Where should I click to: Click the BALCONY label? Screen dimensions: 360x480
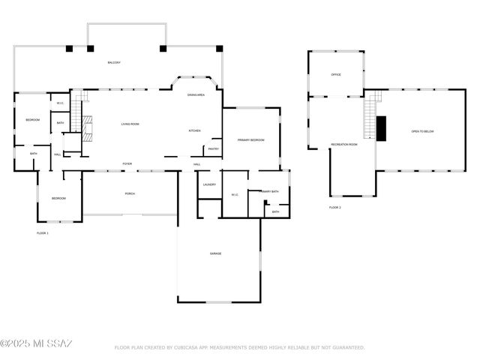click(114, 62)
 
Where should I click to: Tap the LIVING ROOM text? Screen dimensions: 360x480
click(130, 124)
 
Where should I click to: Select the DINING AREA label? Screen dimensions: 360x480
click(196, 95)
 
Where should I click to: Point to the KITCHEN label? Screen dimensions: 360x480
click(194, 130)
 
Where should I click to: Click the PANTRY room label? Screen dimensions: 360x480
click(214, 148)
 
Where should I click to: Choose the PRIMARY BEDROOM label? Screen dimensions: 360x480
click(251, 140)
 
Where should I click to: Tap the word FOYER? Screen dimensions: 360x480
click(127, 163)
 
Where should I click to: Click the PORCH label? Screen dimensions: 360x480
click(130, 193)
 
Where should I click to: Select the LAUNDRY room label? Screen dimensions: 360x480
click(209, 184)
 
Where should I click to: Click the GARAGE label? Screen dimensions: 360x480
click(215, 253)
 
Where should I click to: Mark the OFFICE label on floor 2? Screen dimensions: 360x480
click(337, 75)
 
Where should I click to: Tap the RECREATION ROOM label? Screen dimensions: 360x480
click(344, 144)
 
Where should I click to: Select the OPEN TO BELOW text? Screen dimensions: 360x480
click(422, 131)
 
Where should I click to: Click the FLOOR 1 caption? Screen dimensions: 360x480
click(43, 233)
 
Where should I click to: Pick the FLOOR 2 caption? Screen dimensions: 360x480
click(334, 207)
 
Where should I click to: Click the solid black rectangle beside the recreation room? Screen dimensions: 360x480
click(380, 128)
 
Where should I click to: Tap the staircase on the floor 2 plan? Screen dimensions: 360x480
click(369, 118)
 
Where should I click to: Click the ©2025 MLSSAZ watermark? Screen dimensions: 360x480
click(36, 343)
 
